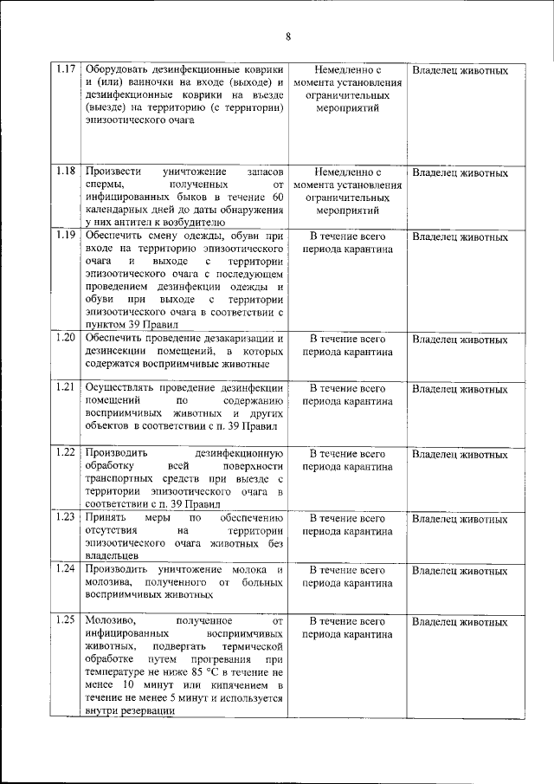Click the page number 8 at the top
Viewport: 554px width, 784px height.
tap(287, 36)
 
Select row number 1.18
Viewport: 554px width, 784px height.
tap(66, 171)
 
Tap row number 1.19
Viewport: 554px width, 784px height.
tap(66, 235)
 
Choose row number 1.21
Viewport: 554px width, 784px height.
tap(66, 387)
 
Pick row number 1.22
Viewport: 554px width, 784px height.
tap(66, 452)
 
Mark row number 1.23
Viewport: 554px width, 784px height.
tap(66, 517)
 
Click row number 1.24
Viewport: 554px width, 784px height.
tap(66, 569)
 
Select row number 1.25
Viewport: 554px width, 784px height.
tap(66, 620)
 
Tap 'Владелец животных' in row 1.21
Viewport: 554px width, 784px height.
tap(460, 388)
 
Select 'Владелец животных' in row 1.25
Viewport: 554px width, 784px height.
tap(460, 622)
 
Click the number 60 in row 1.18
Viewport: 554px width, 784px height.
tap(277, 198)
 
